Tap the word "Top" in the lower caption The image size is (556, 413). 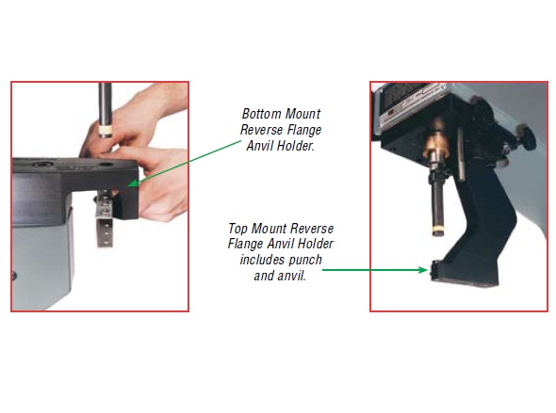238,229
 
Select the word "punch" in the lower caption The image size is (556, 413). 311,261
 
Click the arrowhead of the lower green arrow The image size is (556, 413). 425,271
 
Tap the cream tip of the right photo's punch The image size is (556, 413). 436,229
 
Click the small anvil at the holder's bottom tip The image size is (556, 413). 434,273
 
